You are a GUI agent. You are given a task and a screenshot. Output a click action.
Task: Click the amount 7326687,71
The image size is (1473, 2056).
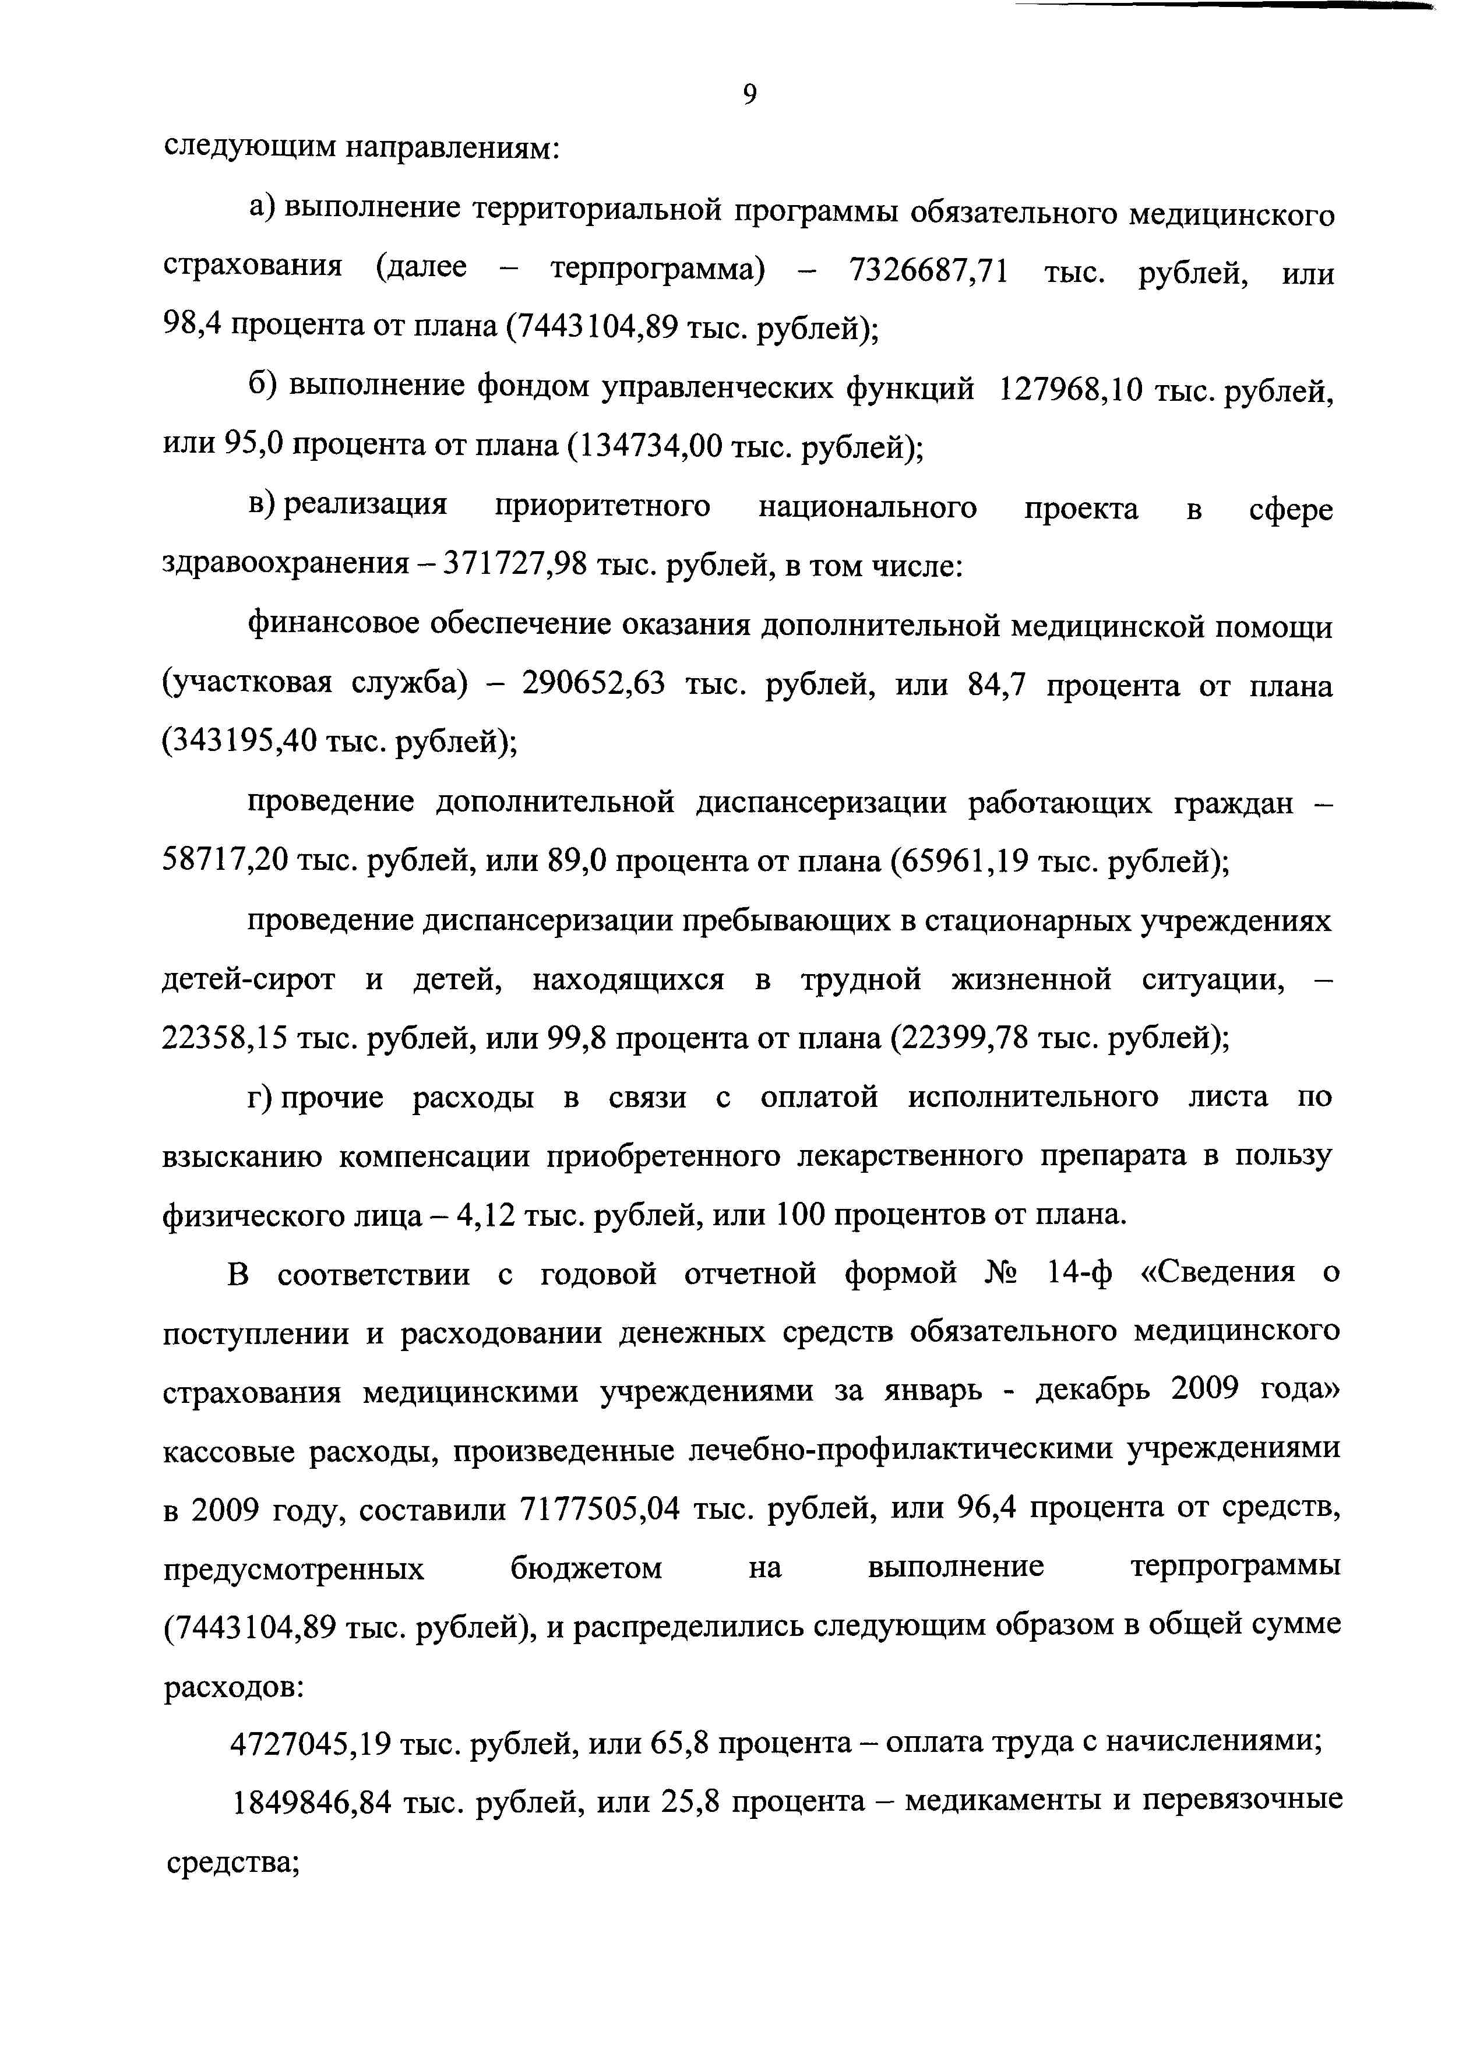[927, 270]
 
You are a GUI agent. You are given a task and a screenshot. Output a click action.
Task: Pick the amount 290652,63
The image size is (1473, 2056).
[594, 685]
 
